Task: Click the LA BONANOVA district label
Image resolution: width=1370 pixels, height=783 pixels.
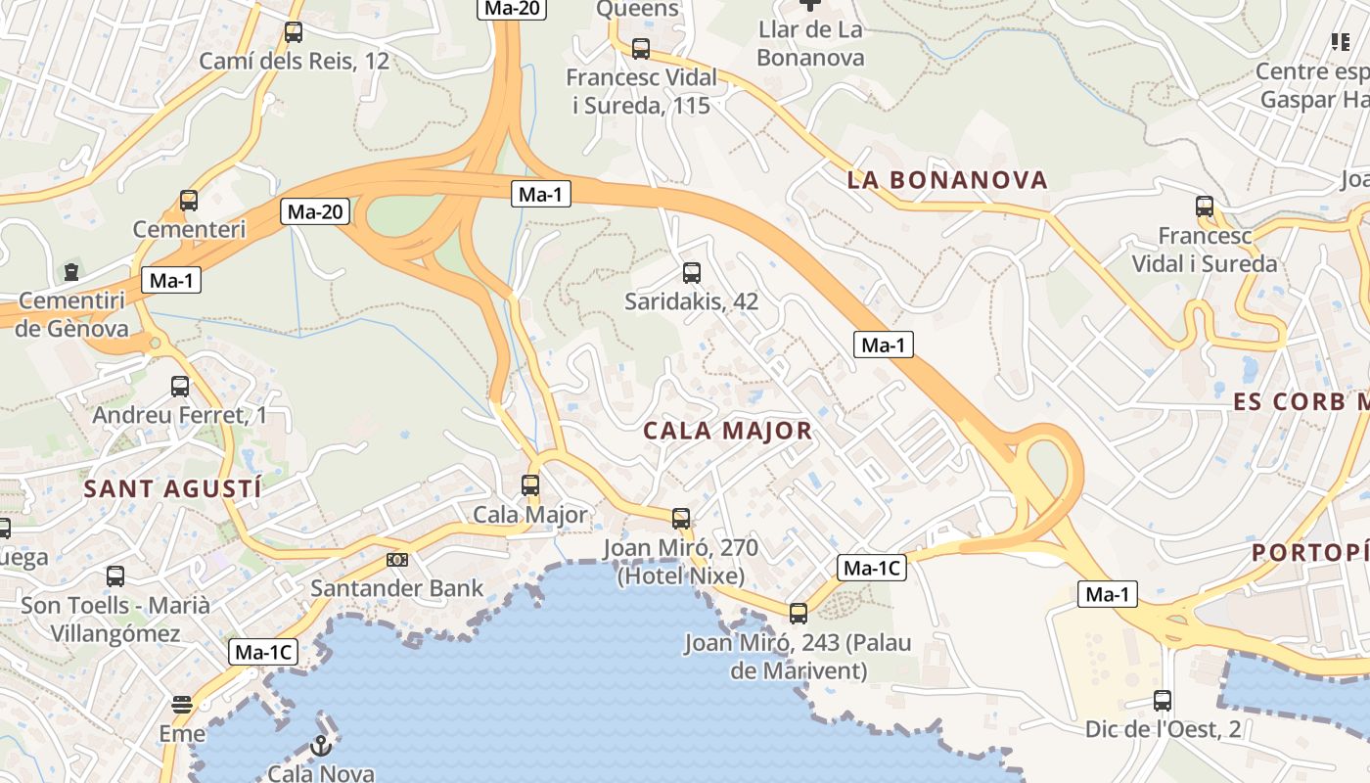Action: point(947,180)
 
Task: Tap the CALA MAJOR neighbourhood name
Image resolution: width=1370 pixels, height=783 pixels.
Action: point(728,431)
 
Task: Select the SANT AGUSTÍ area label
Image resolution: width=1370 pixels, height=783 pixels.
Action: point(173,488)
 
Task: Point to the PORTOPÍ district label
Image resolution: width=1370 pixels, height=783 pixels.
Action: point(1309,553)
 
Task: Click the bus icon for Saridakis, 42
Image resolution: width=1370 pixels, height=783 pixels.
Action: point(692,273)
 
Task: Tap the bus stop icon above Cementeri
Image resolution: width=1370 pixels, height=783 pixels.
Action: point(189,201)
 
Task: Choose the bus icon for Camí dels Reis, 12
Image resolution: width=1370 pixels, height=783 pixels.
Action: point(294,32)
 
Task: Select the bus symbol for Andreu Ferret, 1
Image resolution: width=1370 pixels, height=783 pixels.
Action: point(180,387)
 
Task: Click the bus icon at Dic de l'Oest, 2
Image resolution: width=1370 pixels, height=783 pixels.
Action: point(1163,701)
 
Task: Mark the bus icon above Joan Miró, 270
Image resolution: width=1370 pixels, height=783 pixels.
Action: point(681,519)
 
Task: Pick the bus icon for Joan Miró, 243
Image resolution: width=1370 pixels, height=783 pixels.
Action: point(799,614)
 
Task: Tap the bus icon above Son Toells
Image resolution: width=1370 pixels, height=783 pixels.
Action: point(115,576)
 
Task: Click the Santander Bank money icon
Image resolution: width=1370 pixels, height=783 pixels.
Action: point(397,560)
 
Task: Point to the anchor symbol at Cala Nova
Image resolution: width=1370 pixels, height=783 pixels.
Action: point(321,747)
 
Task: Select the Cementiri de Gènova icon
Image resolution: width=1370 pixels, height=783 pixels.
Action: point(71,271)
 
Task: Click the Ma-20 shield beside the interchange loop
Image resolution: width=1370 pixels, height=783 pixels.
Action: point(315,210)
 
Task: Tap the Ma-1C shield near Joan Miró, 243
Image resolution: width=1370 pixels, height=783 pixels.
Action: point(872,568)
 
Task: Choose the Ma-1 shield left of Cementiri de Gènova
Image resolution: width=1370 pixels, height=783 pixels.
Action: point(171,281)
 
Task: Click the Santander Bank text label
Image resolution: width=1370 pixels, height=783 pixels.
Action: point(397,588)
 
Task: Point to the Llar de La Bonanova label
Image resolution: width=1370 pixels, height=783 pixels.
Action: point(810,44)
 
